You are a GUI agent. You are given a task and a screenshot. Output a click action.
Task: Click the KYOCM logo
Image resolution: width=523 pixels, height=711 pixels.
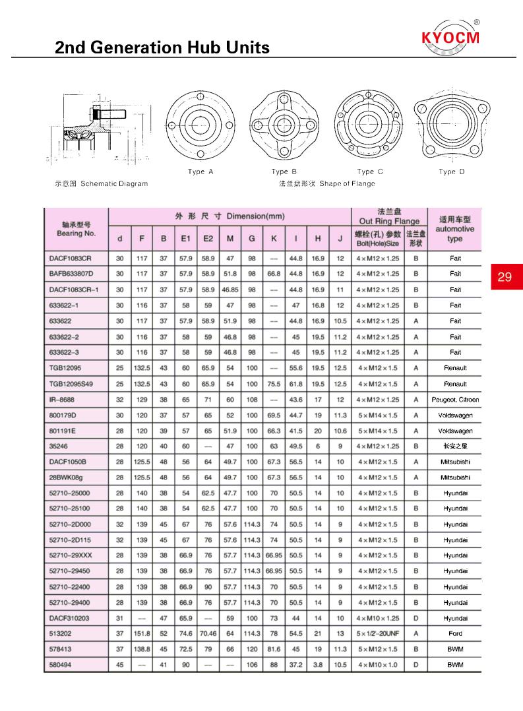pyautogui.click(x=451, y=38)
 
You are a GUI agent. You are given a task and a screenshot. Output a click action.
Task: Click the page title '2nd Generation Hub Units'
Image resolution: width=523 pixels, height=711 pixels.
pyautogui.click(x=162, y=47)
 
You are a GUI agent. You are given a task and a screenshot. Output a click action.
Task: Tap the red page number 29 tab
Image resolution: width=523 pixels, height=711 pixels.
pyautogui.click(x=505, y=277)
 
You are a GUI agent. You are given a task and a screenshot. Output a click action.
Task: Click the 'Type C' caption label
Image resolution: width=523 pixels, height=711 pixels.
pyautogui.click(x=370, y=172)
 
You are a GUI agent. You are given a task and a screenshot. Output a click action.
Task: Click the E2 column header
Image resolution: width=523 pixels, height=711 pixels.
pyautogui.click(x=208, y=239)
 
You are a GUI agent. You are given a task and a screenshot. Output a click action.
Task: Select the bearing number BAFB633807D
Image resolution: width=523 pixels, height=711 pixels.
pyautogui.click(x=72, y=274)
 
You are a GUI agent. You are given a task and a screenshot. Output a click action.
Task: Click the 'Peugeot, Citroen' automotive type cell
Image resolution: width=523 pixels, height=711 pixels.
pyautogui.click(x=455, y=400)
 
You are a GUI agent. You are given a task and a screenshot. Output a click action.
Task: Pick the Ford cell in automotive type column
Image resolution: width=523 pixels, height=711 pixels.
pyautogui.click(x=455, y=634)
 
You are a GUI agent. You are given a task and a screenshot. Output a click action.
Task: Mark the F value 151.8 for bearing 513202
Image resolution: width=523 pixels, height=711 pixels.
pyautogui.click(x=142, y=634)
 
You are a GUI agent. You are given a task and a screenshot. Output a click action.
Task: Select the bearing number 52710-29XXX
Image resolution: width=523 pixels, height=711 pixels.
pyautogui.click(x=70, y=555)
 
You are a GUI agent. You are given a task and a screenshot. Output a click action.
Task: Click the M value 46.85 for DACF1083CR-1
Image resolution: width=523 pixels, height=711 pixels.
pyautogui.click(x=230, y=290)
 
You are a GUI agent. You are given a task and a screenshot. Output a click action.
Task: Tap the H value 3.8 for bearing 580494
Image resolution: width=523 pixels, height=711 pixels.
pyautogui.click(x=318, y=665)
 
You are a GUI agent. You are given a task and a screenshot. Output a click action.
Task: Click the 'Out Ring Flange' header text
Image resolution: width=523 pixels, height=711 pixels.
pyautogui.click(x=388, y=222)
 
